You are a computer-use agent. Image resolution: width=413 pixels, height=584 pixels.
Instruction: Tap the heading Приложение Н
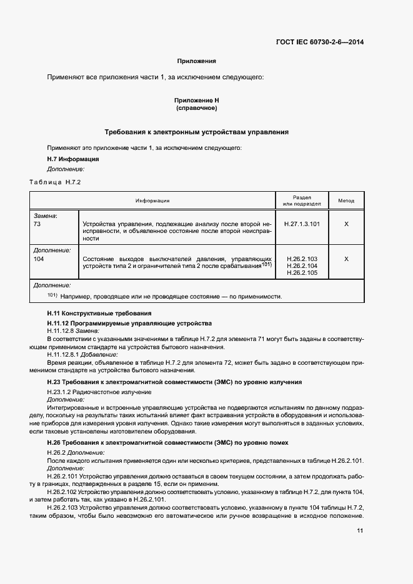click(196, 100)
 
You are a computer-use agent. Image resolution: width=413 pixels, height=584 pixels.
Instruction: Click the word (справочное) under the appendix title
click(196, 108)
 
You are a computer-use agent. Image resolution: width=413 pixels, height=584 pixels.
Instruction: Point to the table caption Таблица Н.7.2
click(55, 182)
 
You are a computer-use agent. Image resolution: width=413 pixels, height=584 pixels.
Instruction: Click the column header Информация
click(152, 200)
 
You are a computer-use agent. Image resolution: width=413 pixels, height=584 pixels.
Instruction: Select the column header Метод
click(346, 200)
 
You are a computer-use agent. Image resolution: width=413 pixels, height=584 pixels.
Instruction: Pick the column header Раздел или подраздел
click(301, 200)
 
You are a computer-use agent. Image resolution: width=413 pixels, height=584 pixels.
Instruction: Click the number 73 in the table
click(39, 224)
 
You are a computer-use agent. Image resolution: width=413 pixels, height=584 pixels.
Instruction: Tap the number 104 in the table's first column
click(41, 258)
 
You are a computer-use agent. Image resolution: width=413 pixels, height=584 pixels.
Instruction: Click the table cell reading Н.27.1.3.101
click(301, 224)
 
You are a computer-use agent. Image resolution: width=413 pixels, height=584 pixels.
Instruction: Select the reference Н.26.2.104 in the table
click(302, 265)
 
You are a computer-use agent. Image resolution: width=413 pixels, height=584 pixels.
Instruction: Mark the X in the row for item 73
click(346, 224)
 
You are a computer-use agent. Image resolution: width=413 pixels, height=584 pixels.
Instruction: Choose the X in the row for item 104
click(346, 258)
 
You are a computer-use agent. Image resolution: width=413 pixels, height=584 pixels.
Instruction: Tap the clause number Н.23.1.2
click(61, 392)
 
